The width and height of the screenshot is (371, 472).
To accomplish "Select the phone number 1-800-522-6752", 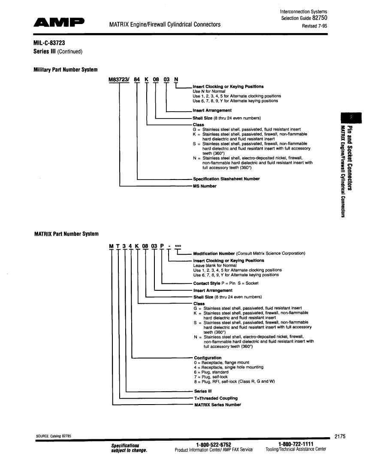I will [x=213, y=444].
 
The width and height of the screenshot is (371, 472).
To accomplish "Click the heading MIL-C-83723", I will [x=49, y=43].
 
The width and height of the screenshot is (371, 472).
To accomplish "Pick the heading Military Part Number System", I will [x=65, y=70].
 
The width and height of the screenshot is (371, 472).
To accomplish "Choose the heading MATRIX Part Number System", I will [x=66, y=234].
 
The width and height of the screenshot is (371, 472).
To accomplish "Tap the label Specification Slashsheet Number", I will [x=226, y=179].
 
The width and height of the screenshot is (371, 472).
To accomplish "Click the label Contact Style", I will [x=208, y=283].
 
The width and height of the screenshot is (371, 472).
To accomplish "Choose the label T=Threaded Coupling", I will [x=216, y=398].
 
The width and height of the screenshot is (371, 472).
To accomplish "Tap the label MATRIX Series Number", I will [x=217, y=405].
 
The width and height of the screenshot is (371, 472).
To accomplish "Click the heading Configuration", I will [x=208, y=358].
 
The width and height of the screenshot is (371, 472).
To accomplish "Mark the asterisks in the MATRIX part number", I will [x=178, y=246].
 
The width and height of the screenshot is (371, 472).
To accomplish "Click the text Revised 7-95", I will [x=315, y=26].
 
